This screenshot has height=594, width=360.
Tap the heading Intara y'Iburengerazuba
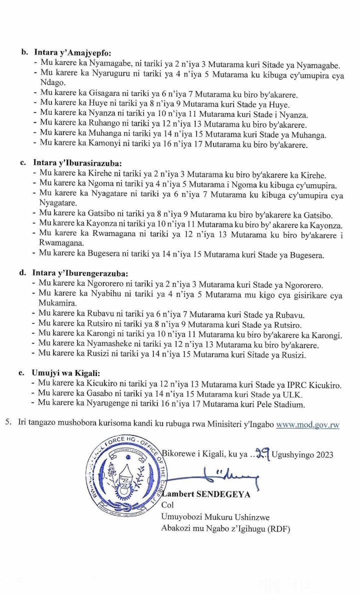pyautogui.click(x=80, y=273)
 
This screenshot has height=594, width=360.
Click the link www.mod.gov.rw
pyautogui.click(x=307, y=425)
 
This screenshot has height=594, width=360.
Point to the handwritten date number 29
pyautogui.click(x=261, y=454)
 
